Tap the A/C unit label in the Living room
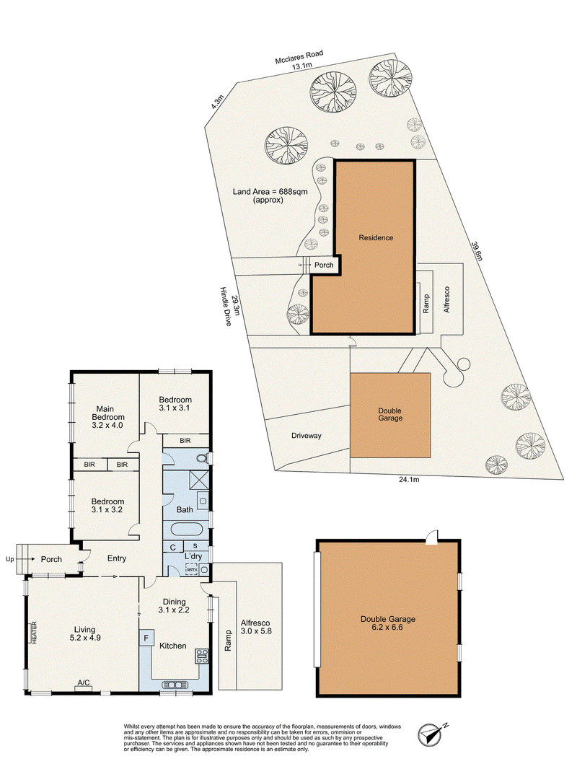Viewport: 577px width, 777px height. point(83,682)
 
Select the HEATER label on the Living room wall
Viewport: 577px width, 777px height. point(35,633)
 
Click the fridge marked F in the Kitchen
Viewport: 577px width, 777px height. point(146,638)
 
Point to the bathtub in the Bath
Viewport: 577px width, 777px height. point(188,528)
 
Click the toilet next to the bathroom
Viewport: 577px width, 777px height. point(202,458)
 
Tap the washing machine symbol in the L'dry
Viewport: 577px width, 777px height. point(191,569)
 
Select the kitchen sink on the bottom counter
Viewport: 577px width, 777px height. point(175,685)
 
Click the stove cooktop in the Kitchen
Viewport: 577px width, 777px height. point(201,656)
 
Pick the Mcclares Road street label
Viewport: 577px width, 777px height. point(299,56)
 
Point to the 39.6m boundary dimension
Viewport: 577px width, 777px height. point(477,251)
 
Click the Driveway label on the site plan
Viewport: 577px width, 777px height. point(306,436)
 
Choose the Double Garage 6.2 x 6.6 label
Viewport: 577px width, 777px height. point(388,623)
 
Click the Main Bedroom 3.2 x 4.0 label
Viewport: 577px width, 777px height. point(107,417)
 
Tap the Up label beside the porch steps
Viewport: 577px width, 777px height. point(9,559)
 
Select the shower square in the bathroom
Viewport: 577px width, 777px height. point(199,480)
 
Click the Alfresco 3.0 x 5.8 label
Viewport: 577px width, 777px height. point(255,627)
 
